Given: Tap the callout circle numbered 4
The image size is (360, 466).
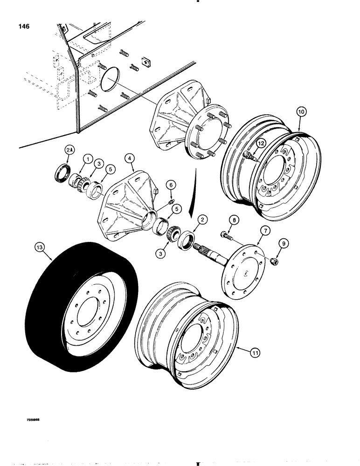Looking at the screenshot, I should [x=130, y=160].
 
